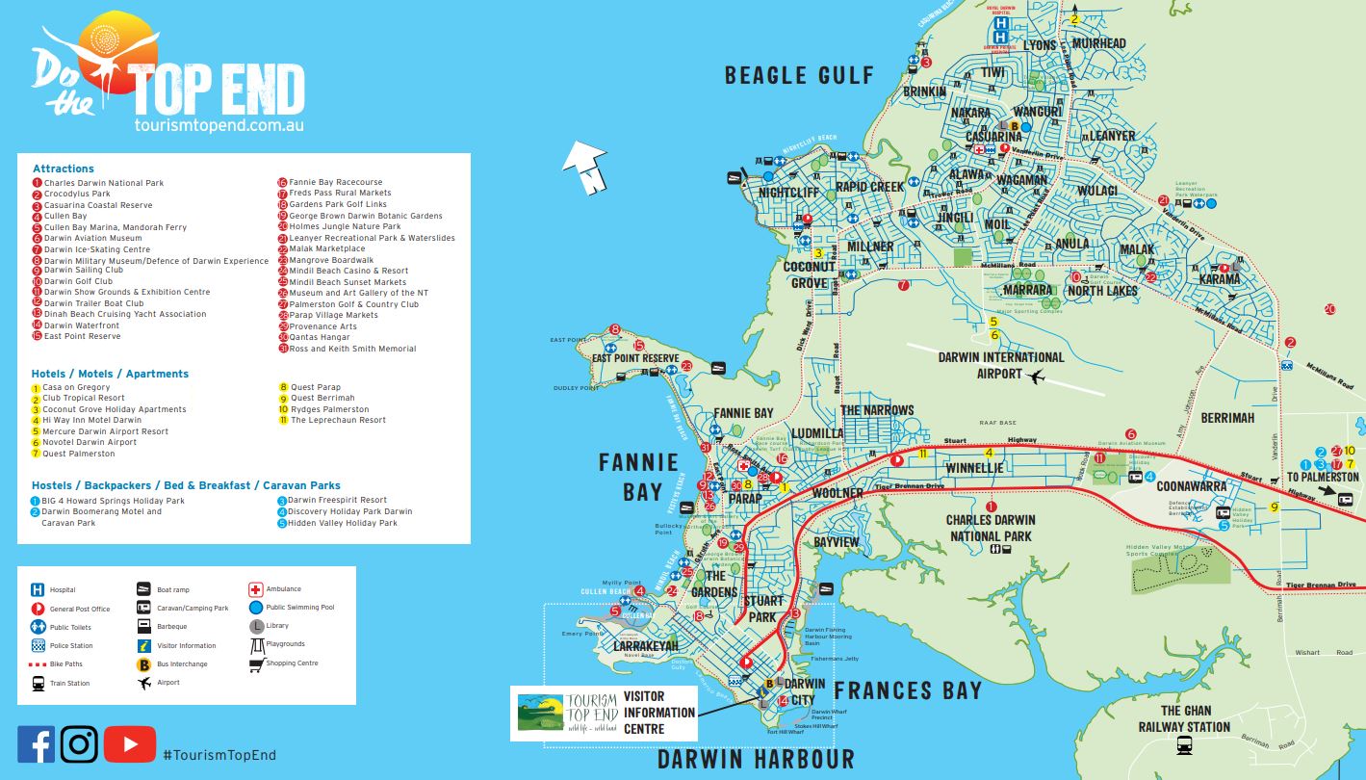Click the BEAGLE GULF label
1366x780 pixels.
[799, 75]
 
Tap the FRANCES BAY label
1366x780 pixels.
[907, 690]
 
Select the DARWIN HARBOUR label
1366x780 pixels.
[756, 759]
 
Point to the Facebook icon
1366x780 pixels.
[37, 744]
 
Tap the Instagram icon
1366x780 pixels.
[80, 744]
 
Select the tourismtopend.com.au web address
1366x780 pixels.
[219, 126]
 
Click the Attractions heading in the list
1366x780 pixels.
[64, 169]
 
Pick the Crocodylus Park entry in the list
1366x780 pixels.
[77, 194]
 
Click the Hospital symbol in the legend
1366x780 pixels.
[38, 590]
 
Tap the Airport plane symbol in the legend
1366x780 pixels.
[144, 683]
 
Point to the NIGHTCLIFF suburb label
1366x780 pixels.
[787, 193]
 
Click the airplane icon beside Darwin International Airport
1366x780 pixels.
[1036, 376]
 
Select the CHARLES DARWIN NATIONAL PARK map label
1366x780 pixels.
[991, 529]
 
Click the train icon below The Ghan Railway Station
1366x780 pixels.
[1184, 745]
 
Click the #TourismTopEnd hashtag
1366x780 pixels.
[219, 755]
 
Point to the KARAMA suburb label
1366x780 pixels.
[1219, 279]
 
